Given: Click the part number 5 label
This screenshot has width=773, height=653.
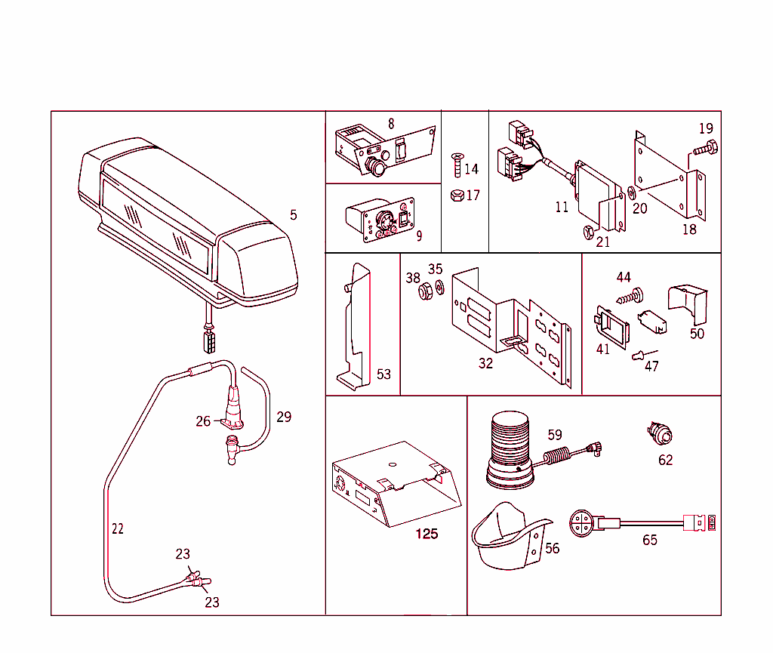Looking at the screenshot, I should pos(293,215).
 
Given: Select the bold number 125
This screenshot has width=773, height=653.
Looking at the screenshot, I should pos(427,534).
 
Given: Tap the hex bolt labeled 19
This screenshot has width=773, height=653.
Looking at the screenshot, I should pos(704,149).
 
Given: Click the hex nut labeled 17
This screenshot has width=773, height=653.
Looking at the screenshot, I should pos(455,196).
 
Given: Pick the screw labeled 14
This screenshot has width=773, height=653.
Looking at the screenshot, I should pos(455,163).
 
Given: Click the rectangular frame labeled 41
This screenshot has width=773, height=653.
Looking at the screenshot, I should pos(611,327).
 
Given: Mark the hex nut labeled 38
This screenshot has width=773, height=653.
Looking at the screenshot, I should pos(425,289).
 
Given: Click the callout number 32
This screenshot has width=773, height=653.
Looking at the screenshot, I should pos(485,363).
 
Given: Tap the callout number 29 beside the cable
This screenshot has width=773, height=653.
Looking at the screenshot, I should pos(284,417).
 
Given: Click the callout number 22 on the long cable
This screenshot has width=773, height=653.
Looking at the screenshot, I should pos(117,528).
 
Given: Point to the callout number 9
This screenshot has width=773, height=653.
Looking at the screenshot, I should pos(419,236).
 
